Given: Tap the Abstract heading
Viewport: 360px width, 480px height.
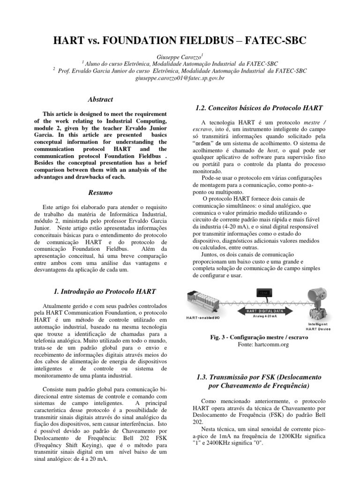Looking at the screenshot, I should (100, 99).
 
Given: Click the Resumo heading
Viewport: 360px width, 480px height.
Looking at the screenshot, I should (100, 193).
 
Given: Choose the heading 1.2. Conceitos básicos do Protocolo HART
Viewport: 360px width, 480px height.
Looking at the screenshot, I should (259, 108).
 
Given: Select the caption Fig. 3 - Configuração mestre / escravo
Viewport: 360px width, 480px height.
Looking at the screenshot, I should (259, 337).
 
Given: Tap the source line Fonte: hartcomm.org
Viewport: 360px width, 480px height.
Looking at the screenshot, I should (259, 345).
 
